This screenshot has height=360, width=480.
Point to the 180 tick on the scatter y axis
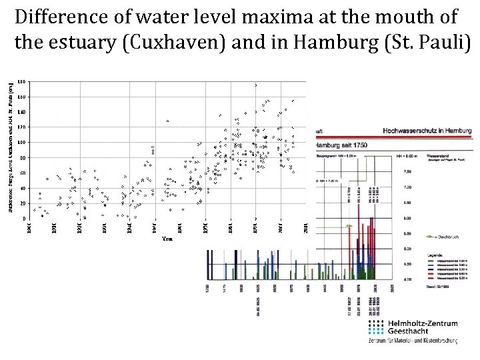tap(22, 81)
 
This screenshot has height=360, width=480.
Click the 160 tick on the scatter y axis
tap(22, 97)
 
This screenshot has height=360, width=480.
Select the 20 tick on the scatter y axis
tap(23, 203)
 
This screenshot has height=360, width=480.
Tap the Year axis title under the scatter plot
tap(167, 239)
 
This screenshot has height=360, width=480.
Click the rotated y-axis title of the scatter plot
tap(10, 147)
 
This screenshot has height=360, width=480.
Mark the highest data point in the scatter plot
tap(255, 85)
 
